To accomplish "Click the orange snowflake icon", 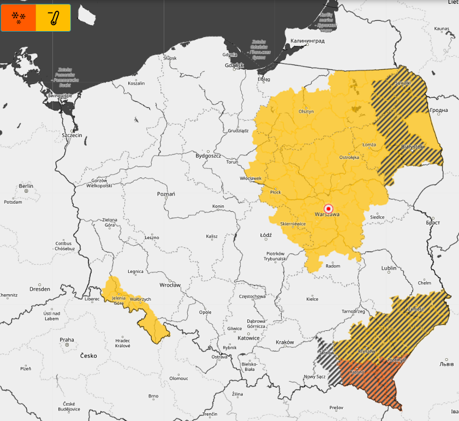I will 19,17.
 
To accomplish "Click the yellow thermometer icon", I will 53,17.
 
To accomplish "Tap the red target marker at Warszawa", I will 329,208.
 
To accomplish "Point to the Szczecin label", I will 71,135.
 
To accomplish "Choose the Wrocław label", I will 170,284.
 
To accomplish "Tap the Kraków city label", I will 284,342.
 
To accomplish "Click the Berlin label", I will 26,186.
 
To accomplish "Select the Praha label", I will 67,339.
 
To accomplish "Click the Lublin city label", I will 389,268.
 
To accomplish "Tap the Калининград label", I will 307,41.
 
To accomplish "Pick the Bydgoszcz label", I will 208,156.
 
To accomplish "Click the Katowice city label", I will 248,338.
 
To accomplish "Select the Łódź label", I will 266,235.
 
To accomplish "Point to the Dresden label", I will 40,289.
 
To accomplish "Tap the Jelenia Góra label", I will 119,300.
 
